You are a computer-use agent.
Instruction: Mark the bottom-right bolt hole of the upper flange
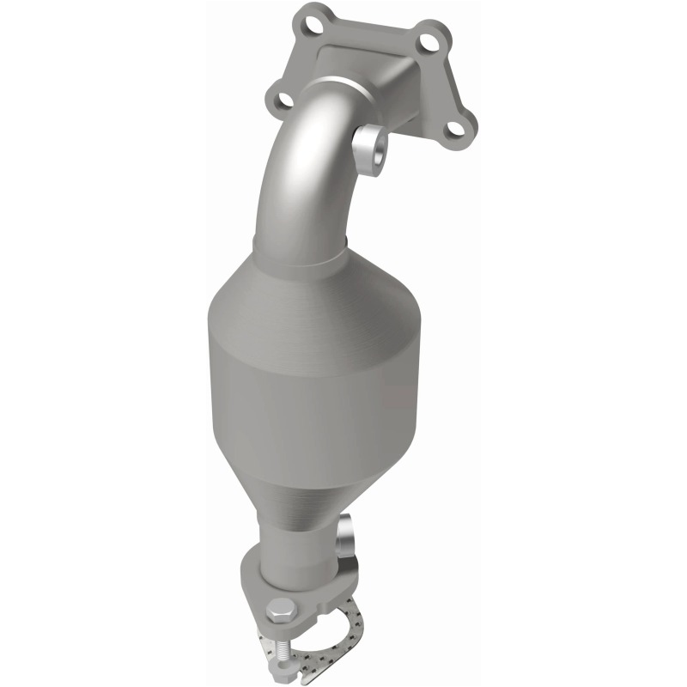(x=449, y=130)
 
